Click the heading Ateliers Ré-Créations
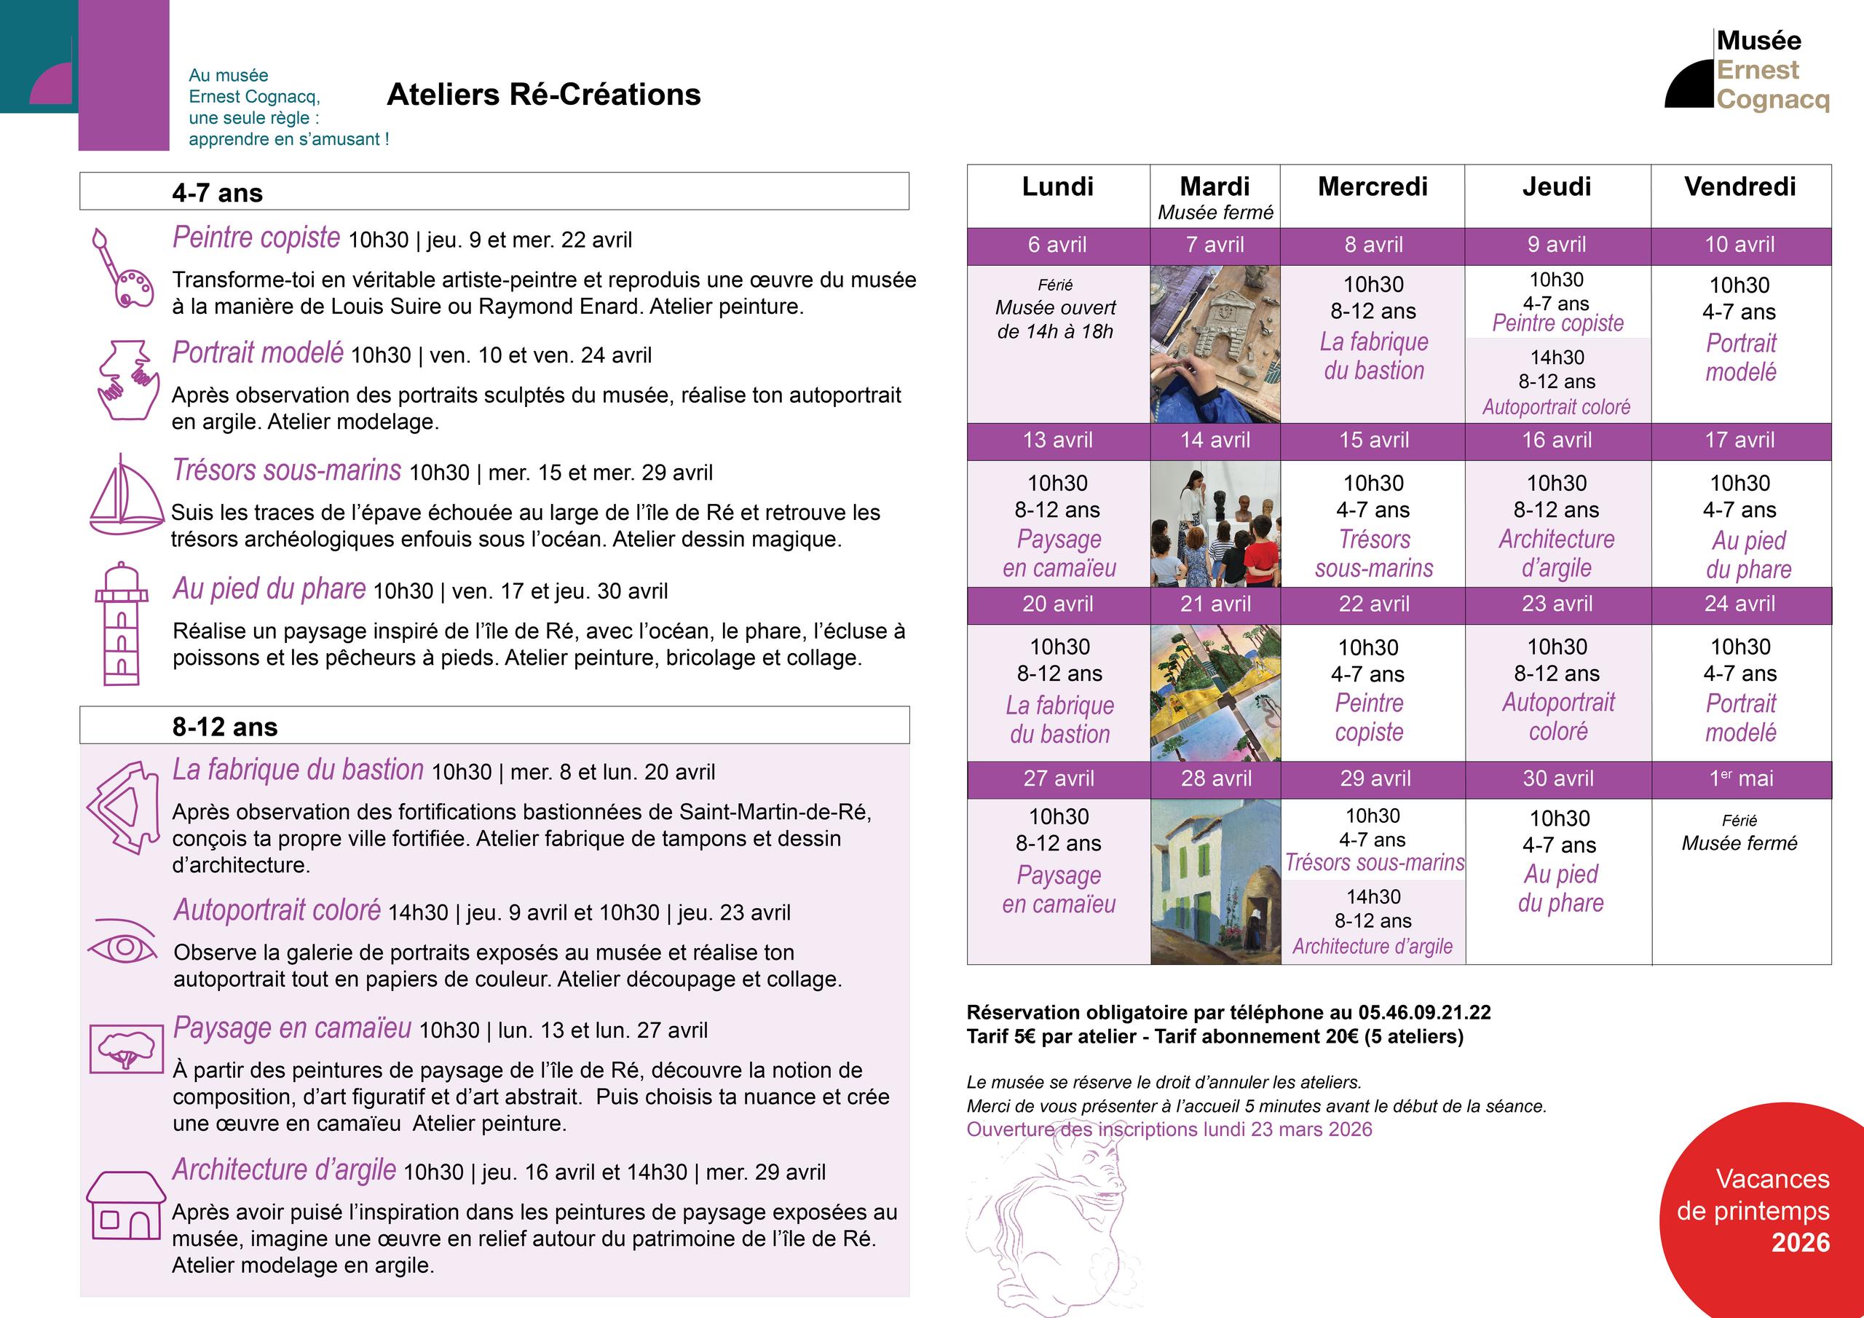tap(543, 95)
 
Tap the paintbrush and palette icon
tap(122, 269)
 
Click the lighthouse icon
tap(122, 623)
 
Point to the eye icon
tap(122, 944)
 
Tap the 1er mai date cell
tap(1741, 778)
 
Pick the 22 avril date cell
tap(1374, 604)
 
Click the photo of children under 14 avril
tap(1215, 524)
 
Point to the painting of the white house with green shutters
tap(1215, 882)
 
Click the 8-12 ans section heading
tap(225, 727)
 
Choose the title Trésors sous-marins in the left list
tap(287, 471)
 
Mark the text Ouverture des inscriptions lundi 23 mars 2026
tap(1169, 1129)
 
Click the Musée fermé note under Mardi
tap(1215, 213)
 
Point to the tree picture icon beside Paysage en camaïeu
tap(126, 1049)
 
